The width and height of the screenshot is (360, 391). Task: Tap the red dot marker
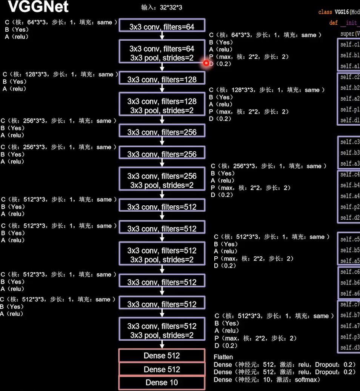(x=206, y=63)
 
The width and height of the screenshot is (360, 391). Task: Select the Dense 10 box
(x=162, y=383)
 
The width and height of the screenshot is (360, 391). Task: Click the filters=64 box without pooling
(x=162, y=27)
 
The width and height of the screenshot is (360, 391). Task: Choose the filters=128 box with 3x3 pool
(x=162, y=106)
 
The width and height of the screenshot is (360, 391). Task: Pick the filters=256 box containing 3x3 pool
(x=162, y=180)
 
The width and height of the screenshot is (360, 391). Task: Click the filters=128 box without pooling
(x=162, y=79)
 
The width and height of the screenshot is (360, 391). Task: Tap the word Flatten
(x=223, y=357)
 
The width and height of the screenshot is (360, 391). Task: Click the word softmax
(x=307, y=380)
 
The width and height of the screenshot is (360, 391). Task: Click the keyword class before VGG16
(x=325, y=12)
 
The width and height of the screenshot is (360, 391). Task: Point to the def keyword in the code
(x=333, y=23)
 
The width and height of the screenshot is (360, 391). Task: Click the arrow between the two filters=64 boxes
(x=162, y=35)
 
